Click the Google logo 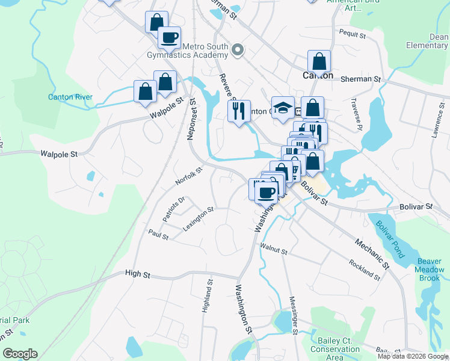20,354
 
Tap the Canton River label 70,97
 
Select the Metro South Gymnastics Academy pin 238,50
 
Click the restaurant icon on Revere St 239,111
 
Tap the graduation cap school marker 283,108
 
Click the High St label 137,274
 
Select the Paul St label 158,233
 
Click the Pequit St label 353,35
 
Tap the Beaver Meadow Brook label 430,270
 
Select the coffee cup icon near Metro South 169,37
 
